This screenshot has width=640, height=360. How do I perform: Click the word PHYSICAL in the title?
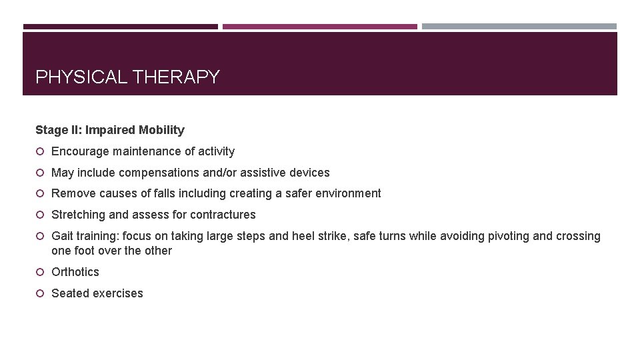pos(81,77)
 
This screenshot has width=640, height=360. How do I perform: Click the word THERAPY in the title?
pos(176,77)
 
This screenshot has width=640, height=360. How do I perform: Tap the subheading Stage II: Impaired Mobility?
pos(110,130)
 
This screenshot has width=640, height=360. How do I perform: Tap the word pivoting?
pos(486,236)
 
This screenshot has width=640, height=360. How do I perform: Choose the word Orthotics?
pos(75,272)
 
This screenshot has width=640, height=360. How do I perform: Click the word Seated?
pos(69,293)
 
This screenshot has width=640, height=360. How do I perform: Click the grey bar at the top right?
pos(519,27)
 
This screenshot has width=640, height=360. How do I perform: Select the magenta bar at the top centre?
pos(320,27)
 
